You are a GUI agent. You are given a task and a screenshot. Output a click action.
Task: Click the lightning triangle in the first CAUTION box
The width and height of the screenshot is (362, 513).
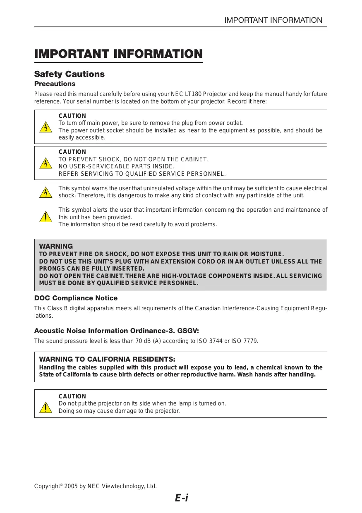(46, 127)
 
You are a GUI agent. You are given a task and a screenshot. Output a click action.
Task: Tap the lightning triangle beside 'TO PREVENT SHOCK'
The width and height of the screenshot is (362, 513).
(46, 163)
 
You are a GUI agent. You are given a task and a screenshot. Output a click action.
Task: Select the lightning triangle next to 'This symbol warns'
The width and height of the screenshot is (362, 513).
(46, 192)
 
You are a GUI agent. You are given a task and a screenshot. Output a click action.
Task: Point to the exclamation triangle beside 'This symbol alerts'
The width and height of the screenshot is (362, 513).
(46, 216)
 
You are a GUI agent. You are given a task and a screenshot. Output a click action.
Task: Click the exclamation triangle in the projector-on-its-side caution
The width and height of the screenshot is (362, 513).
(46, 407)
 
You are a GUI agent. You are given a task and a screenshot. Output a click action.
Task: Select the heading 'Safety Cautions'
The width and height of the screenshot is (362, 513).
(69, 74)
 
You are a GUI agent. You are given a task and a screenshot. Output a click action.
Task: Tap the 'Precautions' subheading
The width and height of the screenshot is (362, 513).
(55, 84)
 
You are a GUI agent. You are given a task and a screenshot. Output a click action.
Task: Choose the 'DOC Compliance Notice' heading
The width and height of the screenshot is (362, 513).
(76, 298)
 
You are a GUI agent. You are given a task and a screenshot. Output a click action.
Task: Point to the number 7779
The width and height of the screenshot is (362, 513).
(250, 341)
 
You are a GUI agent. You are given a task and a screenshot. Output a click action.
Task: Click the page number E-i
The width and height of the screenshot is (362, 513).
(181, 498)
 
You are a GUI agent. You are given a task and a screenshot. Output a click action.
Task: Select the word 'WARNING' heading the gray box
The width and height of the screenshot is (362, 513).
(56, 246)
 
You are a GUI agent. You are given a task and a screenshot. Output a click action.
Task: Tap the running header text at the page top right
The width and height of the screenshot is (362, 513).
(273, 20)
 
